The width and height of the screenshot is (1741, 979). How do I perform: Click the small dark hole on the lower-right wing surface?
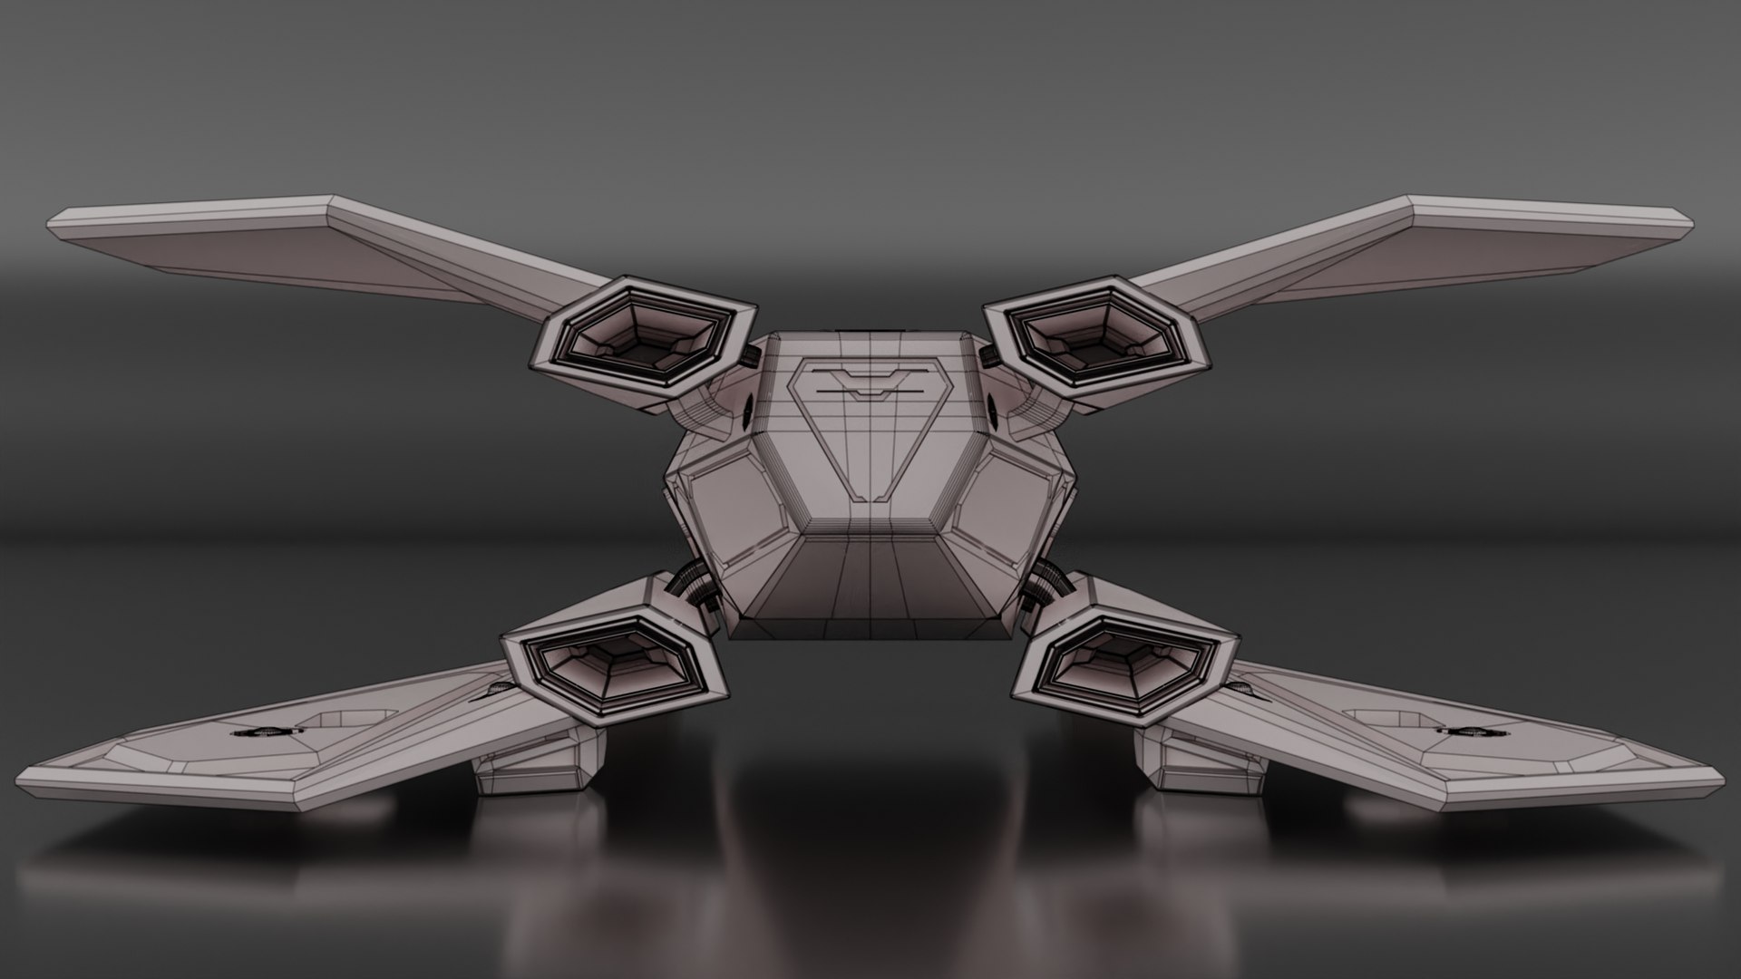(1460, 729)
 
